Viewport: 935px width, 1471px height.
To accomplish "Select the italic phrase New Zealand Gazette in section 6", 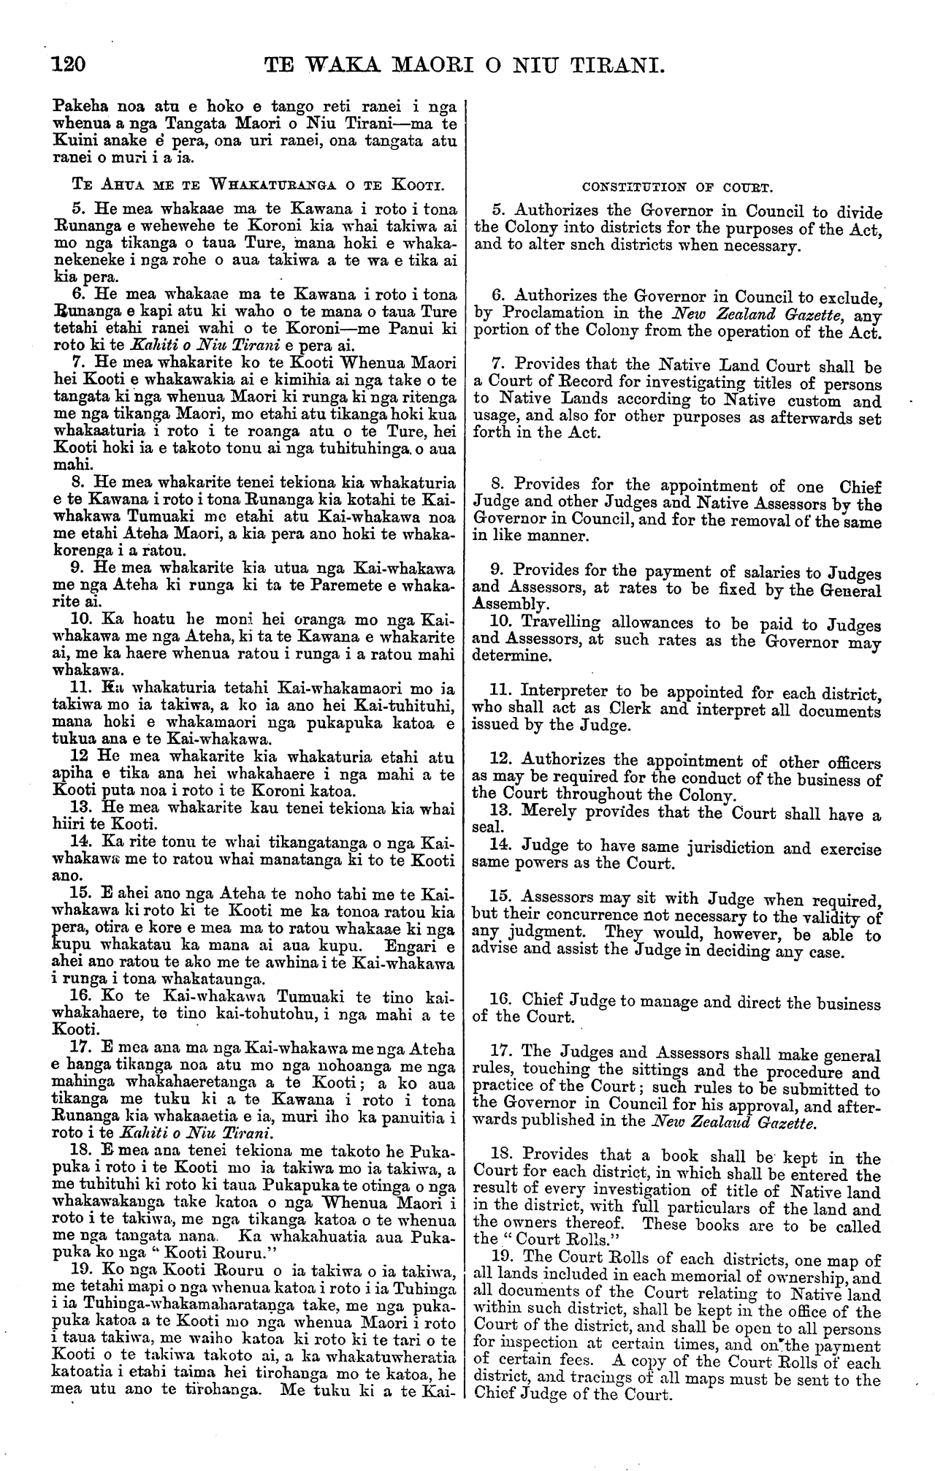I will (755, 314).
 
